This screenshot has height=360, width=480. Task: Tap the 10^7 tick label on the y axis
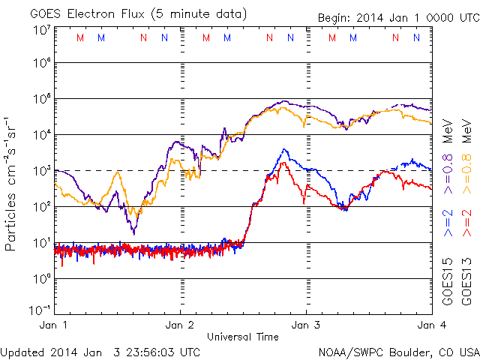[x=41, y=31]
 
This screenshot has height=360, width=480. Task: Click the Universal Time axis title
[x=243, y=337]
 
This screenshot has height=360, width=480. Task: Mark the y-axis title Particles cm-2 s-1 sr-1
[x=13, y=183]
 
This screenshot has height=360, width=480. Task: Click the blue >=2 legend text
[x=447, y=224]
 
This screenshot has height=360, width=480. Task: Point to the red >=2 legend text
[x=466, y=224]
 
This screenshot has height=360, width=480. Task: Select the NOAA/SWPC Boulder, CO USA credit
[x=398, y=352]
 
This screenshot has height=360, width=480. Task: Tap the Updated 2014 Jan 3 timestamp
[x=100, y=351]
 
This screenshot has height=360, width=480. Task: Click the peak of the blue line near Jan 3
[x=284, y=149]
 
